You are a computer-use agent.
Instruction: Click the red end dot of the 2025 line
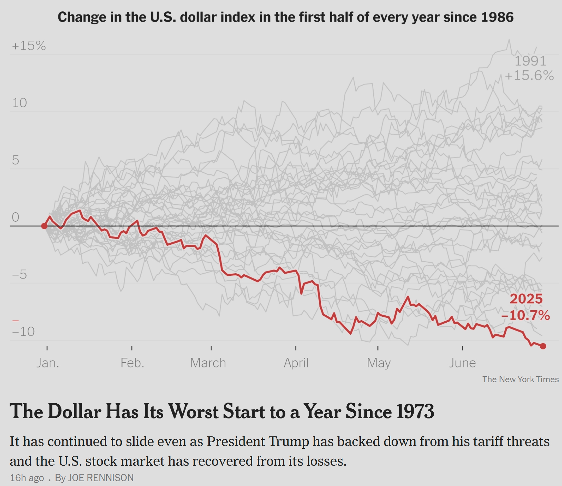pyautogui.click(x=543, y=346)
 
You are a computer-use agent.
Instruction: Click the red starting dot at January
pyautogui.click(x=44, y=226)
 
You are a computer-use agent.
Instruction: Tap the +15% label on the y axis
pyautogui.click(x=29, y=46)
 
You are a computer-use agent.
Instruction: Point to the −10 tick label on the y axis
pyautogui.click(x=23, y=332)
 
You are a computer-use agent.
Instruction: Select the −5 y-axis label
pyautogui.click(x=19, y=275)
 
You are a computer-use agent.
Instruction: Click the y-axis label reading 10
pyautogui.click(x=19, y=103)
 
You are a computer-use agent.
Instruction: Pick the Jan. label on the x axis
pyautogui.click(x=48, y=363)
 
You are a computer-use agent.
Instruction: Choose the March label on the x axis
pyautogui.click(x=208, y=363)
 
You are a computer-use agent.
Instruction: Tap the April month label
pyautogui.click(x=296, y=363)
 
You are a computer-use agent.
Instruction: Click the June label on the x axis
pyautogui.click(x=462, y=363)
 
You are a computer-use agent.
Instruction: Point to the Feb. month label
pyautogui.click(x=132, y=363)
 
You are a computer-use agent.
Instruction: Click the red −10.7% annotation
pyautogui.click(x=525, y=315)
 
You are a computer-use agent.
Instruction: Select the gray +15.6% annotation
pyautogui.click(x=529, y=75)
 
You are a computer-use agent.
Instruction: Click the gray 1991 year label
pyautogui.click(x=530, y=61)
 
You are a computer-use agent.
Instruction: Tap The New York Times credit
pyautogui.click(x=520, y=379)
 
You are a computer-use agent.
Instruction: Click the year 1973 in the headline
pyautogui.click(x=414, y=411)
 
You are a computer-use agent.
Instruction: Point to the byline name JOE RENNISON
pyautogui.click(x=101, y=478)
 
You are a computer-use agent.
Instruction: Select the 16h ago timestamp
pyautogui.click(x=27, y=478)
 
